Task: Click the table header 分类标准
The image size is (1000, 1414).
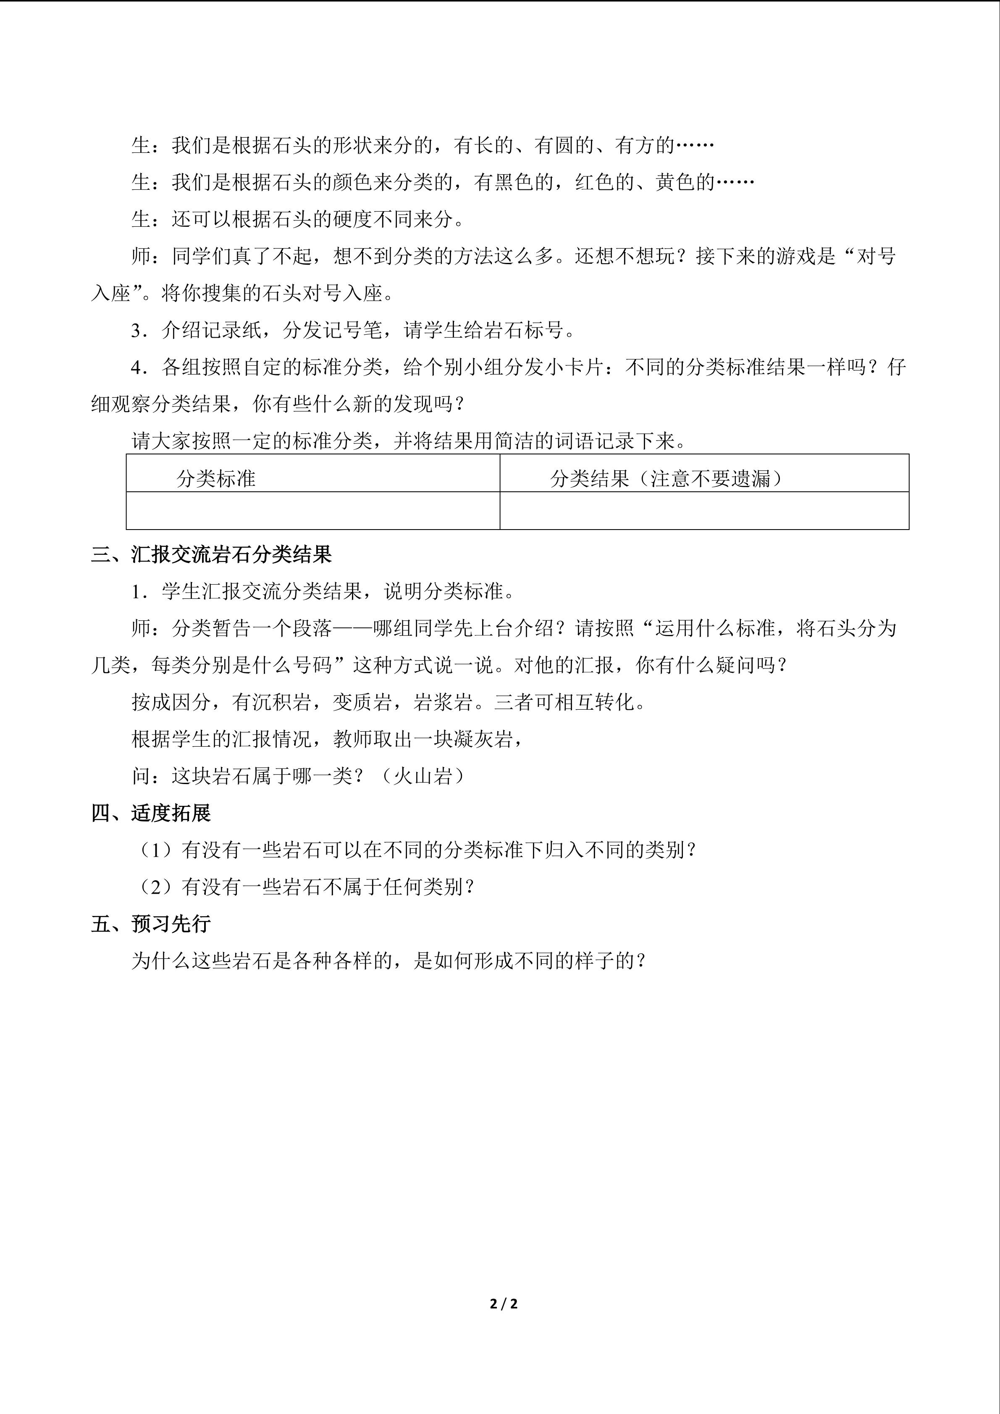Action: [x=215, y=478]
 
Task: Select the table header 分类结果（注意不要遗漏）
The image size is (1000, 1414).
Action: [x=666, y=478]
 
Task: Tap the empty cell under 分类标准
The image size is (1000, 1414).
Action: [x=313, y=511]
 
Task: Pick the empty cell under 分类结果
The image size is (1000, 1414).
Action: [x=704, y=511]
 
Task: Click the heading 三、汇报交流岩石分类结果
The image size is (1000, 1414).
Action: [x=211, y=554]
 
